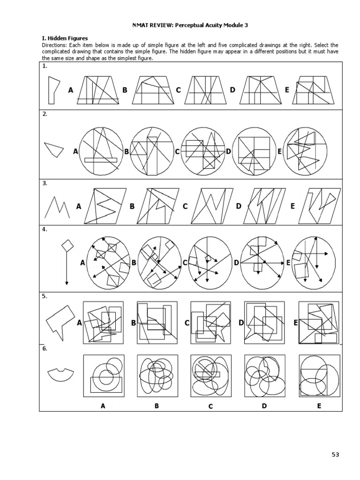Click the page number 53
(335, 454)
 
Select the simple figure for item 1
(53, 90)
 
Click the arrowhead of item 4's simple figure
(67, 282)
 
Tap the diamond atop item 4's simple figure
(67, 245)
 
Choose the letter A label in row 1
(71, 90)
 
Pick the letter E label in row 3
(293, 206)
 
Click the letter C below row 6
(210, 406)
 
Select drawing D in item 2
(254, 151)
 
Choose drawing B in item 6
(157, 375)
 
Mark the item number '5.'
(45, 296)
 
